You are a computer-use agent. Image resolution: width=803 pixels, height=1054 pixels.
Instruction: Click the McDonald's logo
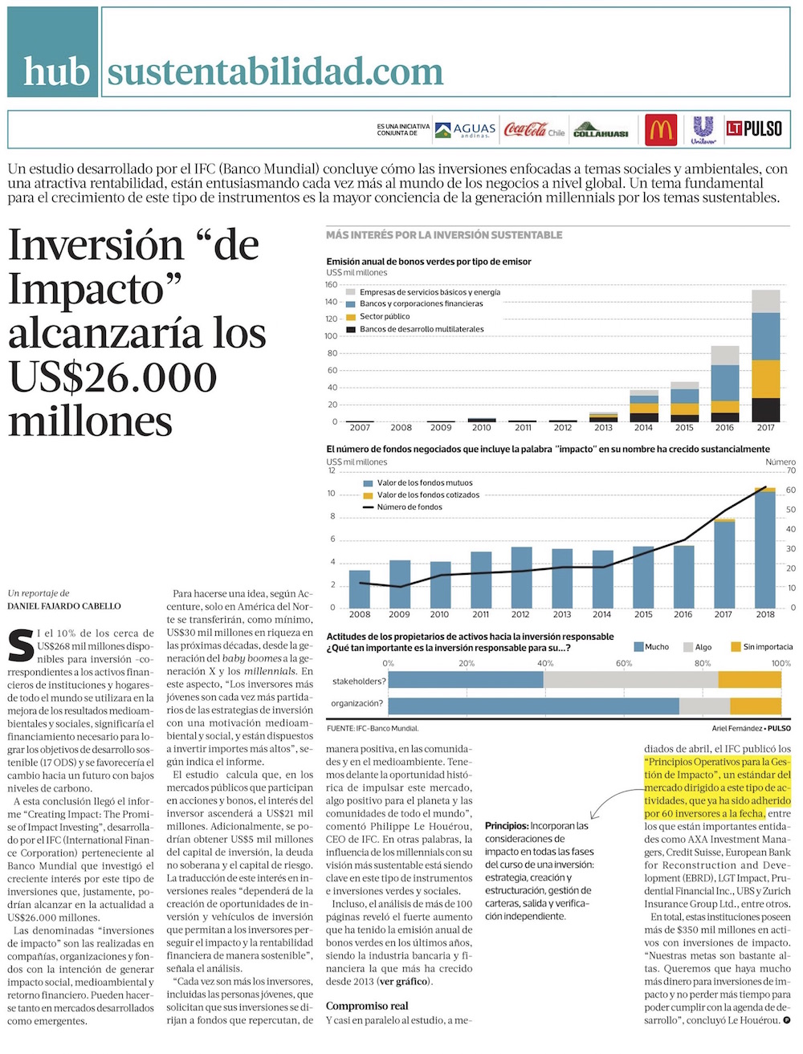tap(661, 129)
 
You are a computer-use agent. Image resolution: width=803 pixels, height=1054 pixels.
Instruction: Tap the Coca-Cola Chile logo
tap(534, 129)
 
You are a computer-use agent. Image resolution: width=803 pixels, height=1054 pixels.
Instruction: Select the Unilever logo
tap(703, 129)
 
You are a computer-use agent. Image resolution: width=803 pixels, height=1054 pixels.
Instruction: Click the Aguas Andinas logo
tap(466, 130)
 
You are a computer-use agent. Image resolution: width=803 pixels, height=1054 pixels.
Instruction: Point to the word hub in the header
tap(55, 71)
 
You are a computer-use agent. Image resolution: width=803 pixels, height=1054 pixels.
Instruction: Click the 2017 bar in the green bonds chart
tap(766, 356)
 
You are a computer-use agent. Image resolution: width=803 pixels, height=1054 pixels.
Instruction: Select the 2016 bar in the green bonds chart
tap(725, 384)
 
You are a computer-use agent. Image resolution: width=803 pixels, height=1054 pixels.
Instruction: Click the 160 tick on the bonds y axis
tap(331, 285)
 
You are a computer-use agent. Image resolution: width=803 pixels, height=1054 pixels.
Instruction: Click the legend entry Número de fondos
tap(409, 507)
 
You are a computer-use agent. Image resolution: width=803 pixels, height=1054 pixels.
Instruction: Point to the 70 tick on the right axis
tap(791, 470)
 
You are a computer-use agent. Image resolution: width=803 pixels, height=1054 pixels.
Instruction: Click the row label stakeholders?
tap(359, 682)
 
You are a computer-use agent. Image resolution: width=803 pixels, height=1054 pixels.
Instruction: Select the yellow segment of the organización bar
tap(756, 706)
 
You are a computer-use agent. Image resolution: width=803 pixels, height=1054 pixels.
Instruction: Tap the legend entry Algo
tap(703, 647)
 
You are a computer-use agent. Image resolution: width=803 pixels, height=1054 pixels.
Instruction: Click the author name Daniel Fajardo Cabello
tap(64, 606)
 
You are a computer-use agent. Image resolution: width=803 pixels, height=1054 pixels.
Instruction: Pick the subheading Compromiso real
tap(367, 1006)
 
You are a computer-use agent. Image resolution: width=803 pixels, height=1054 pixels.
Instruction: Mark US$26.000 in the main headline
tap(112, 377)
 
